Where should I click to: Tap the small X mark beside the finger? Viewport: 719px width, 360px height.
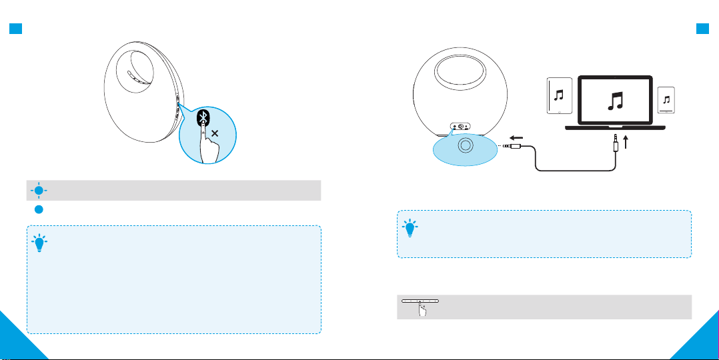215,133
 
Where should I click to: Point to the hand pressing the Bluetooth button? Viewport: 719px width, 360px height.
209,148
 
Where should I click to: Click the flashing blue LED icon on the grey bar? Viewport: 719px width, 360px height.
39,190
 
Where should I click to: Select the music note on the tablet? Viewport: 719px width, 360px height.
559,95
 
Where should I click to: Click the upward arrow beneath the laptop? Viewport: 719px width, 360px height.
624,141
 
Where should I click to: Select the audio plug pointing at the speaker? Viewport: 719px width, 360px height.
515,145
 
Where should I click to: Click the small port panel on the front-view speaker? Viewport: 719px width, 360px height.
460,126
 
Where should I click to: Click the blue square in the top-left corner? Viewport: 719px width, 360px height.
14,29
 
